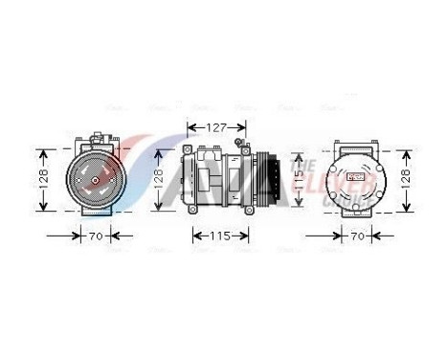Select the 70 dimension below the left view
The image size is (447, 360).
[96, 234]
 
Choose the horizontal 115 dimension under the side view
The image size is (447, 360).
[221, 234]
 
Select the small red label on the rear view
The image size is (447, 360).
[356, 177]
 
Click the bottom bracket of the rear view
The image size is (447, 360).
[355, 214]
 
